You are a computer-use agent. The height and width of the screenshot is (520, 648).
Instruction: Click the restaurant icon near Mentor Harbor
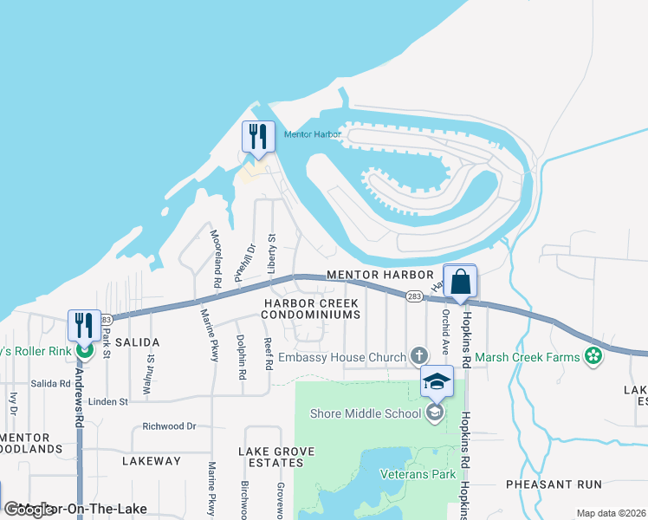coord(258,136)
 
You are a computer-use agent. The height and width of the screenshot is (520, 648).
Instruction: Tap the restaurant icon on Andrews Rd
coord(84,325)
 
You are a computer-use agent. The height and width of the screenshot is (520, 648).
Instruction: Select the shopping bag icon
coord(460,281)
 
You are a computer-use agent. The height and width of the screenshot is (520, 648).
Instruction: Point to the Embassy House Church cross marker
coord(419,356)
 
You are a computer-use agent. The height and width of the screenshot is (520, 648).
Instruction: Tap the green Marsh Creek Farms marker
coord(593,355)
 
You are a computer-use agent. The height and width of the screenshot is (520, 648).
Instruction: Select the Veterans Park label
coord(418,474)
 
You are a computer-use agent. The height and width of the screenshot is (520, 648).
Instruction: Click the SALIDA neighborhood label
coord(138,343)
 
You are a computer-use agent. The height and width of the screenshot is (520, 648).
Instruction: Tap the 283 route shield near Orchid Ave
coord(414,296)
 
